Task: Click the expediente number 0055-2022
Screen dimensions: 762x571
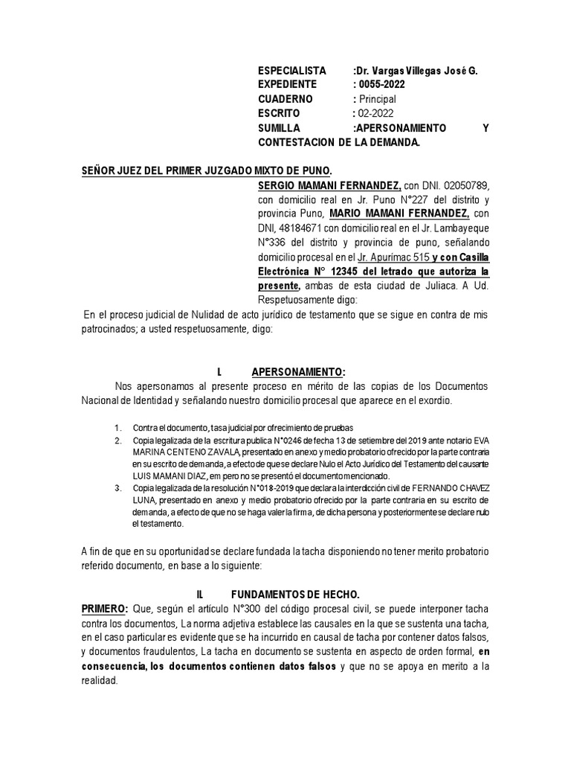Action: click(x=381, y=84)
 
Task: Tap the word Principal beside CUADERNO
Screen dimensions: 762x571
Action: click(x=377, y=99)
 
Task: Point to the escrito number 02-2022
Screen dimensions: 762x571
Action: click(x=373, y=113)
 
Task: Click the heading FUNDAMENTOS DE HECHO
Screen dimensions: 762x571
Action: click(x=295, y=594)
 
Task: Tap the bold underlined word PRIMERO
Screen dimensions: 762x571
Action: click(x=105, y=609)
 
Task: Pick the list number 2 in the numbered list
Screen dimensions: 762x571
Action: click(x=117, y=441)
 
